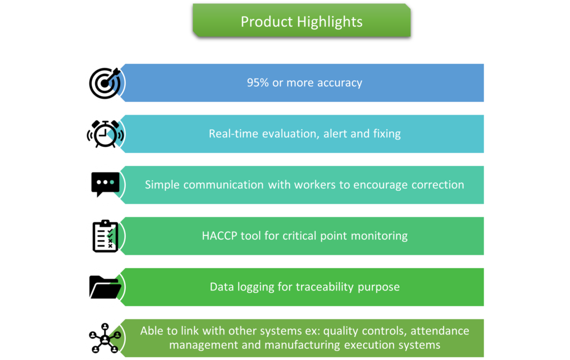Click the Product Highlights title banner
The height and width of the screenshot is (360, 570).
click(x=302, y=21)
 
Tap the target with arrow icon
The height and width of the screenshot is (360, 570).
click(x=105, y=83)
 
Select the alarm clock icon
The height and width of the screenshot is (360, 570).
click(x=105, y=134)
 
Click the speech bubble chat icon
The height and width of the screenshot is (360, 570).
click(x=105, y=184)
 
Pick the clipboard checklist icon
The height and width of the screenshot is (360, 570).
click(x=105, y=236)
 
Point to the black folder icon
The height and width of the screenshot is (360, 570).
click(x=105, y=287)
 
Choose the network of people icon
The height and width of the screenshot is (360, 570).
click(x=105, y=338)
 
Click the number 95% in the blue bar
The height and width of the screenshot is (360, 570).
click(x=258, y=82)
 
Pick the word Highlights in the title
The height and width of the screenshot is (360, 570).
click(x=330, y=22)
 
